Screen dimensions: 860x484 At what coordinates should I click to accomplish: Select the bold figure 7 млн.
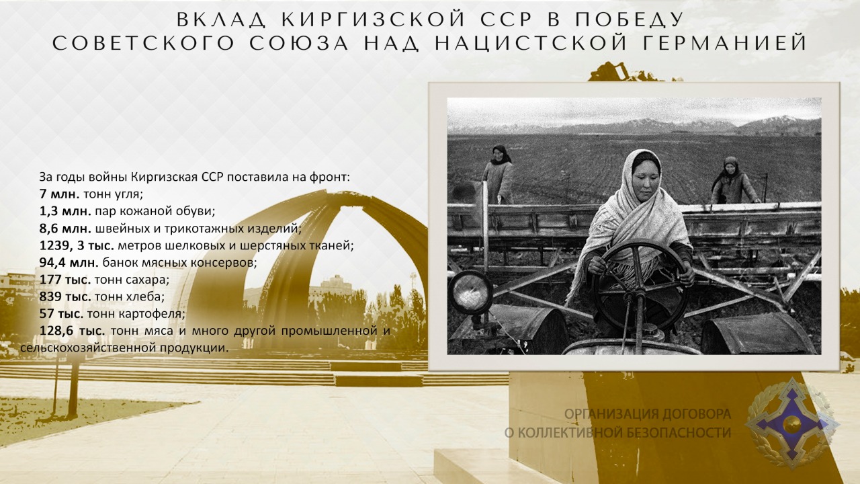(x=60, y=194)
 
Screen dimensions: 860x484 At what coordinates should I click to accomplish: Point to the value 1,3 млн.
(x=65, y=211)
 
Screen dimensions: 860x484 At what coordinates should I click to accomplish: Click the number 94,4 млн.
(x=69, y=263)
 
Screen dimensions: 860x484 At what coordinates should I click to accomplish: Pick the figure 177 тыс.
(x=65, y=280)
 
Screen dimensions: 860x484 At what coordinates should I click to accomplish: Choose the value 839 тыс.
(x=65, y=296)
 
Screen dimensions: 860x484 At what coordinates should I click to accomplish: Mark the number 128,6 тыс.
(x=72, y=331)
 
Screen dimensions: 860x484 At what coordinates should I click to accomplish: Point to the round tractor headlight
(x=471, y=292)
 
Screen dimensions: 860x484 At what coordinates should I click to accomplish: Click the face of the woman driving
(x=646, y=175)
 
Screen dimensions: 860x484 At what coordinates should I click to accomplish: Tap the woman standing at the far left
(x=499, y=175)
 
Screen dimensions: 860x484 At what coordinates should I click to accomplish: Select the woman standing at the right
(x=732, y=181)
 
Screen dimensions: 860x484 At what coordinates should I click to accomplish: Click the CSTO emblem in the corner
(x=792, y=423)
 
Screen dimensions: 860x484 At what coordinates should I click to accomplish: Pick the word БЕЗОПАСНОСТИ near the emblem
(x=679, y=432)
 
